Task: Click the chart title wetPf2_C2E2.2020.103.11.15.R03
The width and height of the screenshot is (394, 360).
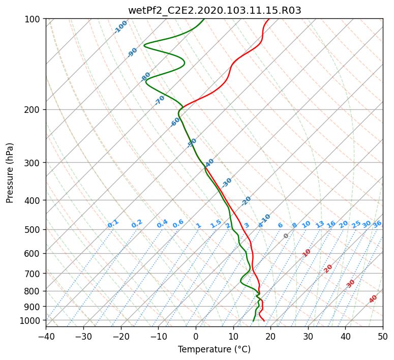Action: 214,10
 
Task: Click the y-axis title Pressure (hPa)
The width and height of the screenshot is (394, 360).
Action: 10,173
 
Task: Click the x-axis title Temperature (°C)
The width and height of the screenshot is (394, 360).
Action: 214,349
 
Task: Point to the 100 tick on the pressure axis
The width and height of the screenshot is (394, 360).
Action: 34,19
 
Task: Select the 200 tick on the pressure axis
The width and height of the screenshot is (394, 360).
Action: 34,110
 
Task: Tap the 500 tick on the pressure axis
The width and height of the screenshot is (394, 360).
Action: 34,230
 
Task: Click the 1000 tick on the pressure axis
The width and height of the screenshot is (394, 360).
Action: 32,320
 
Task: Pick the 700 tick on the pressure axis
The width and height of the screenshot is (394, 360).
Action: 34,274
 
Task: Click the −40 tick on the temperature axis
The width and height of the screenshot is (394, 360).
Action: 46,336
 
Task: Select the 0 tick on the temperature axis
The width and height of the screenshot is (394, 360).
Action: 196,336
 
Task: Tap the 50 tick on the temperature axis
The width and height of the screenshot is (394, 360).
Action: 383,336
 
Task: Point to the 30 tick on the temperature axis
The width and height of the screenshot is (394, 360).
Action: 308,336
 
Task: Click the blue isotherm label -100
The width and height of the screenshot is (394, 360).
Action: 120,26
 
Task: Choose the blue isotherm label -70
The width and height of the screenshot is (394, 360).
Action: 160,100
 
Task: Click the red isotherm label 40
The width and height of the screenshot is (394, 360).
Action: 373,299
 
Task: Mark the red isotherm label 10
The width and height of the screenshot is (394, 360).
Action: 307,253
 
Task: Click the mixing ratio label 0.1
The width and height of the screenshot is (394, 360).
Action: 113,224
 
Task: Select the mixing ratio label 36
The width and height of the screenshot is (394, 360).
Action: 377,224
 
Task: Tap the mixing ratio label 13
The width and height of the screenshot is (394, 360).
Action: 320,224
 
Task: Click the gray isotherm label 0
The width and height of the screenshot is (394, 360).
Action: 286,236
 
